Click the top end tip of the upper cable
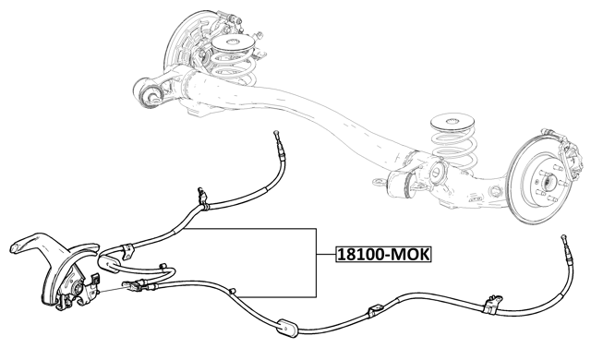(276, 135)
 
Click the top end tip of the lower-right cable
(561, 238)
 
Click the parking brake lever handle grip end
(20, 246)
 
